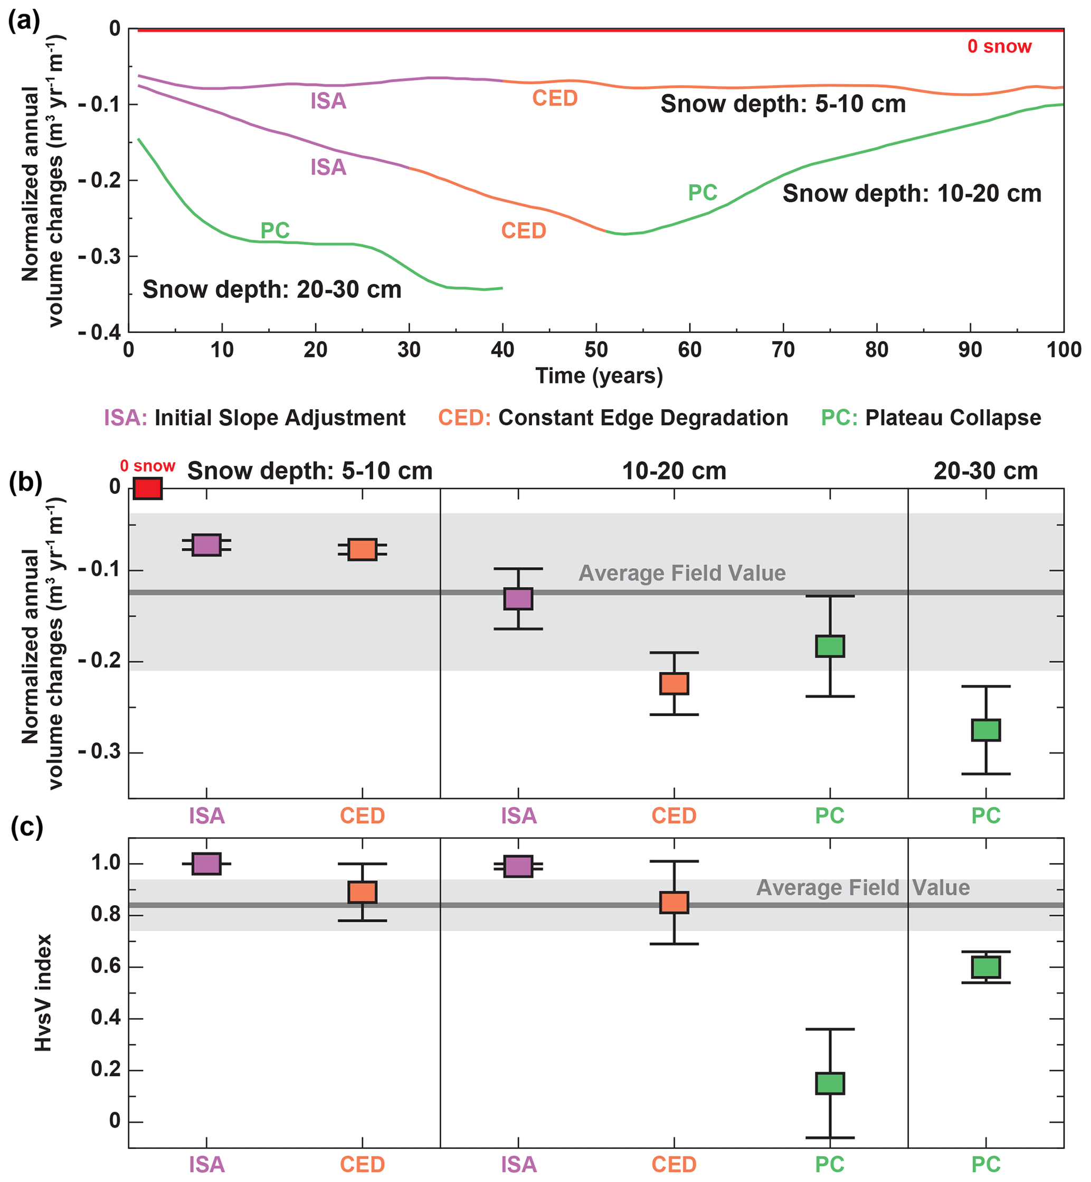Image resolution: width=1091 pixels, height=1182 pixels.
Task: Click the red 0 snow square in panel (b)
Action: pyautogui.click(x=148, y=489)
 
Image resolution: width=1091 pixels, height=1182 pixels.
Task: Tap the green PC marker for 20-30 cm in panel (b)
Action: pyautogui.click(x=985, y=730)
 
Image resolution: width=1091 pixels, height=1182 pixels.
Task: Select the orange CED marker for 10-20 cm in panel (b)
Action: pyautogui.click(x=673, y=683)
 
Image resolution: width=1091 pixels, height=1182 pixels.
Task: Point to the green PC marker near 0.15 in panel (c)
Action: pyautogui.click(x=830, y=1083)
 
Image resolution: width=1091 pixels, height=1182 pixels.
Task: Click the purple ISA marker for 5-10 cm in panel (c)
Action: pyautogui.click(x=206, y=864)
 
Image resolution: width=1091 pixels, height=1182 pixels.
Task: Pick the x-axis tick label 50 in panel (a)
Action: pyautogui.click(x=596, y=350)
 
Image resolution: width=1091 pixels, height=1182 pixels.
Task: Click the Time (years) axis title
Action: pyautogui.click(x=599, y=376)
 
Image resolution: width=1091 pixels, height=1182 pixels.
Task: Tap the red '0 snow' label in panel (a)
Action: pyautogui.click(x=999, y=46)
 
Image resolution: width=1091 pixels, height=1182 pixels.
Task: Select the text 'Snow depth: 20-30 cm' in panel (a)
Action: pyautogui.click(x=272, y=290)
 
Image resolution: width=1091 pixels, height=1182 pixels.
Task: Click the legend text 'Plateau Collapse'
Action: pyautogui.click(x=953, y=418)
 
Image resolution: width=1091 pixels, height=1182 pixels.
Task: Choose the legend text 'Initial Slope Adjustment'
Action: pyautogui.click(x=280, y=418)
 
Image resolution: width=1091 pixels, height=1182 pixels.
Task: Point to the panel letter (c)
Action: pyautogui.click(x=26, y=827)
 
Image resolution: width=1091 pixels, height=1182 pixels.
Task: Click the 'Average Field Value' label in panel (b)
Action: pyautogui.click(x=682, y=573)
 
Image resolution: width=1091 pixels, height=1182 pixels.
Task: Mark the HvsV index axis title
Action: pyautogui.click(x=43, y=992)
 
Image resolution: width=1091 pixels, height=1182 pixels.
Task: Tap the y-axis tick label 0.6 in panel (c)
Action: pyautogui.click(x=106, y=967)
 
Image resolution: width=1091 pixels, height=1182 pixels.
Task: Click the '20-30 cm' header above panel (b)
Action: pyautogui.click(x=985, y=471)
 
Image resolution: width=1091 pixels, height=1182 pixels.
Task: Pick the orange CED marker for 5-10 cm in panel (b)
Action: pyautogui.click(x=362, y=549)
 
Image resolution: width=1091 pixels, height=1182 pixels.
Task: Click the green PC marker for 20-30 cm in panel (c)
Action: pyautogui.click(x=985, y=967)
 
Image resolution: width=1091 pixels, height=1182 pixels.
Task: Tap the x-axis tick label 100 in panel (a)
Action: pyautogui.click(x=1063, y=350)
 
